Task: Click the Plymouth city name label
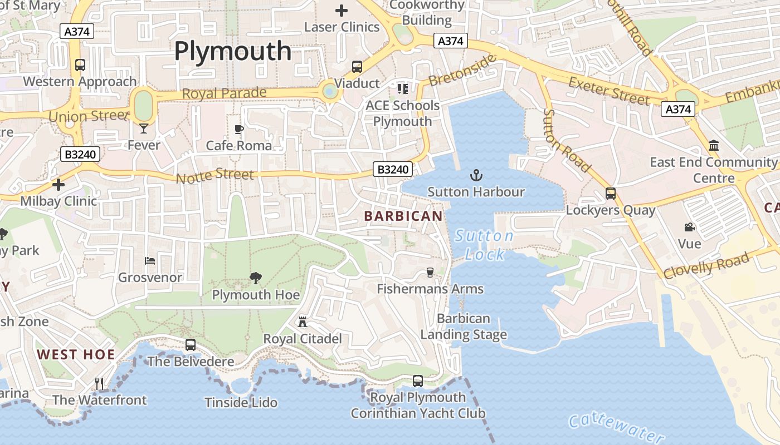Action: (x=233, y=51)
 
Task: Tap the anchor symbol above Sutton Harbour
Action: (x=476, y=176)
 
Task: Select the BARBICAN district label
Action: (x=403, y=216)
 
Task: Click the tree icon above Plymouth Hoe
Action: (x=256, y=278)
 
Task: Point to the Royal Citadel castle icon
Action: (x=303, y=322)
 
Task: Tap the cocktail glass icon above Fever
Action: (x=144, y=128)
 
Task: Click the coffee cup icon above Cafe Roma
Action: (x=239, y=130)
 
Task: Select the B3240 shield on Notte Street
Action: (x=393, y=169)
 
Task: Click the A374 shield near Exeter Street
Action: (x=679, y=109)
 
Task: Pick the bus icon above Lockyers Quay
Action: (x=611, y=194)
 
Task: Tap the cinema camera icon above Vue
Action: (x=690, y=227)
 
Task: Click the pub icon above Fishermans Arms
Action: (x=430, y=272)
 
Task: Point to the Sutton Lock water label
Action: (x=484, y=245)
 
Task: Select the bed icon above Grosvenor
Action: (x=150, y=260)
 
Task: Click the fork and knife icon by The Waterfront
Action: (x=99, y=383)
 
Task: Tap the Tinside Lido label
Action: (x=241, y=402)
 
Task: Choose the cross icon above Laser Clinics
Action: (x=341, y=10)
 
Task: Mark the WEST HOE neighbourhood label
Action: (x=76, y=354)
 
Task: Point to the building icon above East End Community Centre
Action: (x=713, y=146)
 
